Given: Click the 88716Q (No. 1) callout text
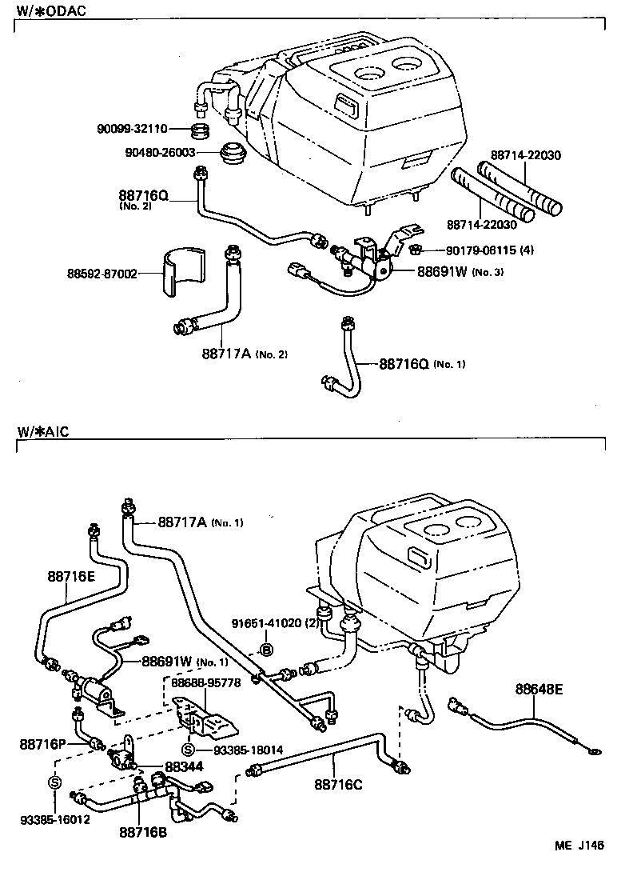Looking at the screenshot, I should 420,364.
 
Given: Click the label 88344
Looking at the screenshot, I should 183,766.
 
